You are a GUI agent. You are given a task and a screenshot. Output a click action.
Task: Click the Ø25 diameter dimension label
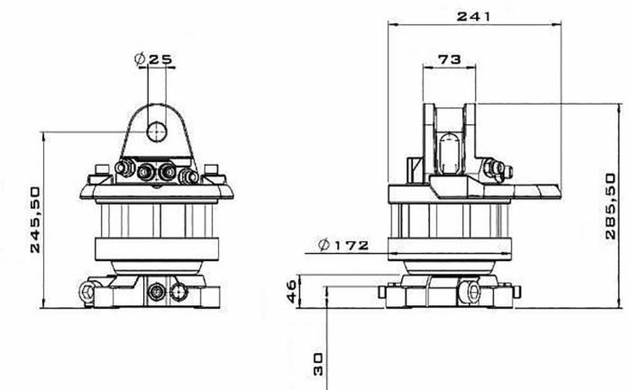[x=154, y=59]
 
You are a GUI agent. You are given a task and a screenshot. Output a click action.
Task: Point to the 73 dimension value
[x=448, y=59]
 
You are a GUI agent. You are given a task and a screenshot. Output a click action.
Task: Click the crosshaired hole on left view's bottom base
[x=158, y=291]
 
